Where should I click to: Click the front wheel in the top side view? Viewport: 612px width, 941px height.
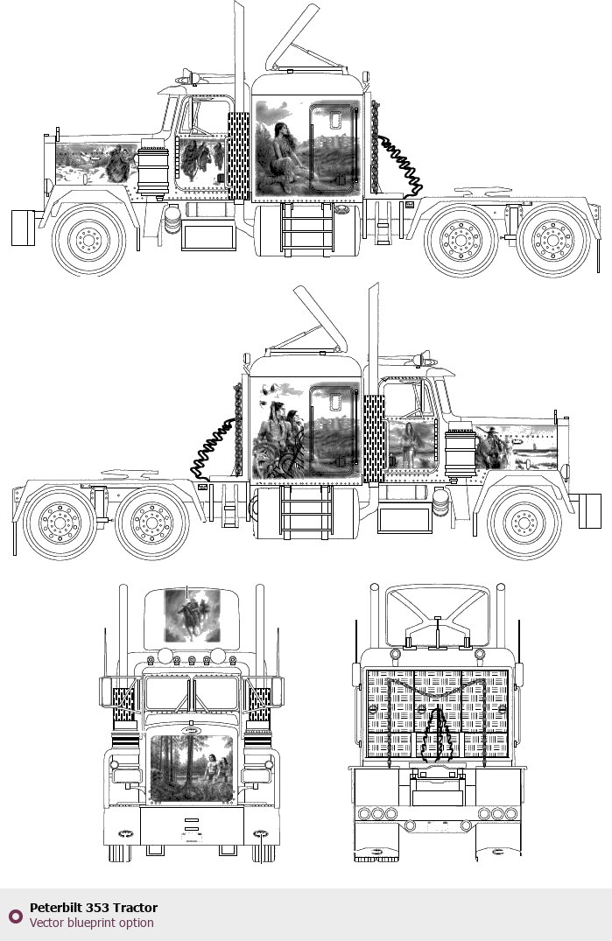pos(88,240)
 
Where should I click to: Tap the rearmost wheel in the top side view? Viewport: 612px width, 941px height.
pos(553,240)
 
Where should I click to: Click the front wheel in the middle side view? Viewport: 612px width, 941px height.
pos(524,523)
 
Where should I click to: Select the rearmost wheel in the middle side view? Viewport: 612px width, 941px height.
pos(60,523)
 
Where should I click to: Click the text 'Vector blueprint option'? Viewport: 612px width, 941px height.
pos(92,923)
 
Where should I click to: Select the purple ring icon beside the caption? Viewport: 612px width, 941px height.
pos(16,916)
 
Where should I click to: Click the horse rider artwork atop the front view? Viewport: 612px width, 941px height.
pos(192,615)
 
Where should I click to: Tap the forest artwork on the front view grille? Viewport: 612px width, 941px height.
pos(191,769)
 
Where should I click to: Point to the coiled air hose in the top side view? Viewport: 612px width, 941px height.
pos(400,166)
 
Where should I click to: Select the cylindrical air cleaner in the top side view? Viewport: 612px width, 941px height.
pos(153,170)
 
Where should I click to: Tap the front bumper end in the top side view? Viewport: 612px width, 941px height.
pos(23,228)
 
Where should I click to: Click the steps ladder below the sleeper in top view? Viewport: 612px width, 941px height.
pos(306,228)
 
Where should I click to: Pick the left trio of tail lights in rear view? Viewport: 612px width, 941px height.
pos(376,814)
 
